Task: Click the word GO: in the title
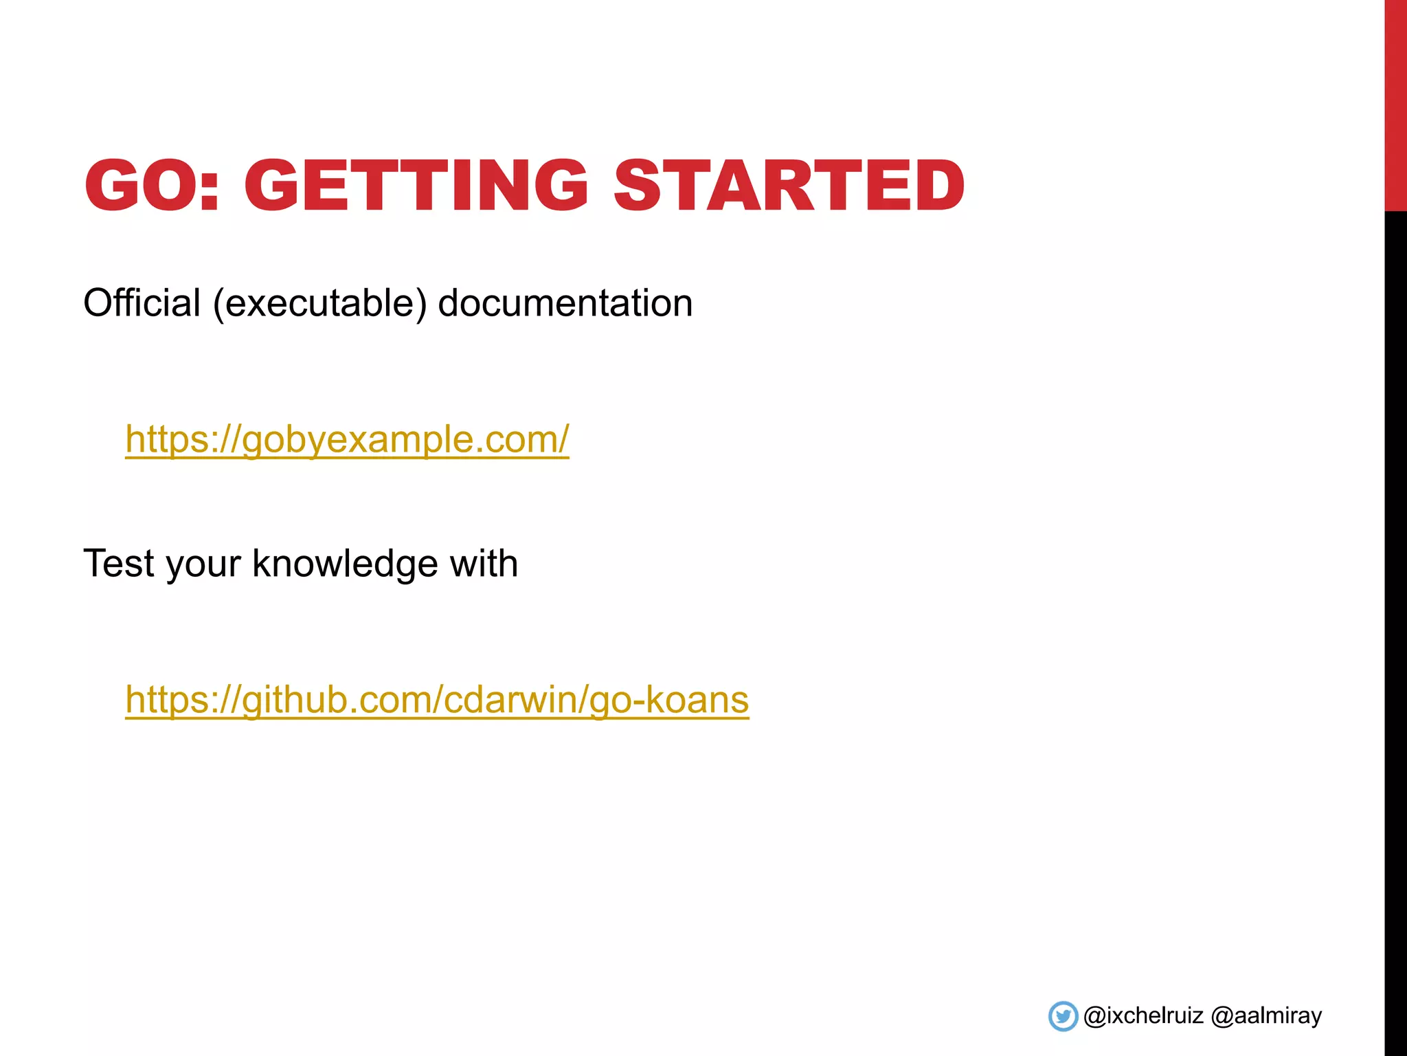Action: (x=151, y=186)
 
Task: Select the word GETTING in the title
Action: (x=416, y=186)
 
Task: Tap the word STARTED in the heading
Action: (x=789, y=186)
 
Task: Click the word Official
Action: (x=142, y=302)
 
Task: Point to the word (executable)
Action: (x=319, y=303)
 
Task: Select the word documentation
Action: (x=565, y=303)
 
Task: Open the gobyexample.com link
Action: (x=347, y=439)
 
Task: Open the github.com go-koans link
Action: (x=437, y=699)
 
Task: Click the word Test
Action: (x=118, y=563)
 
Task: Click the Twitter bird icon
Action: (x=1063, y=1016)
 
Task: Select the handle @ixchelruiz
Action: (x=1143, y=1016)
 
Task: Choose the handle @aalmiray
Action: (x=1266, y=1016)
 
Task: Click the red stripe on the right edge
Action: (x=1395, y=103)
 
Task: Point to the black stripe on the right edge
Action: (x=1395, y=619)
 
